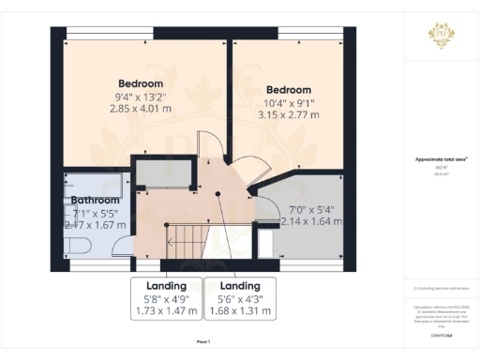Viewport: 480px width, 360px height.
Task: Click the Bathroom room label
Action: point(96,200)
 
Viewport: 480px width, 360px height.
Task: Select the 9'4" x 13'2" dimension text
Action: point(141,97)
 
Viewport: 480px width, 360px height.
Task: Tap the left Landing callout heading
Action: point(167,285)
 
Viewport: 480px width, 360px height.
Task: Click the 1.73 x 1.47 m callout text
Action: point(167,310)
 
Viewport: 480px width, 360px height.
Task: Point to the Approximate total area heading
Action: point(442,159)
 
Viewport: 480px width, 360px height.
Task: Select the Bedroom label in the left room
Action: point(141,83)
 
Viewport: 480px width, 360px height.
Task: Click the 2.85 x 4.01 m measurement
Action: point(141,109)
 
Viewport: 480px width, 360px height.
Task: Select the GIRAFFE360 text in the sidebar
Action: point(442,322)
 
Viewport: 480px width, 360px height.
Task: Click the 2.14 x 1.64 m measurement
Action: point(310,222)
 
